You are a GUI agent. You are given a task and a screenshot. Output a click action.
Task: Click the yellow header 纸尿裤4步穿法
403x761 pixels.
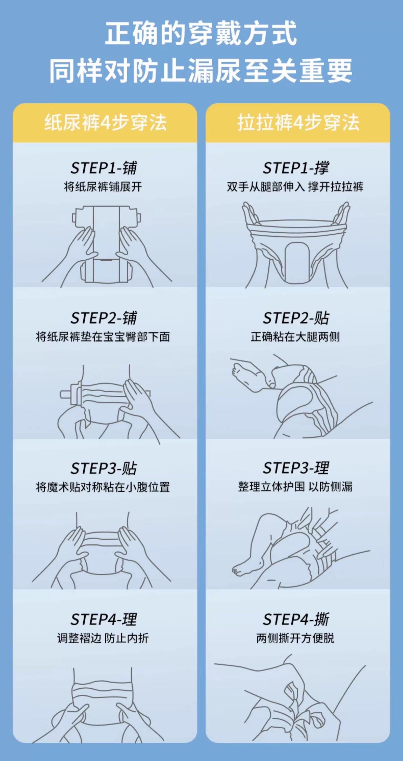point(105,123)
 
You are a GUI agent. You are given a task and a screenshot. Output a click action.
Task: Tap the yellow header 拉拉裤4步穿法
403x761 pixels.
point(298,123)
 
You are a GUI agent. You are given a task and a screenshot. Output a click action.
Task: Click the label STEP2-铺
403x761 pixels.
point(104,318)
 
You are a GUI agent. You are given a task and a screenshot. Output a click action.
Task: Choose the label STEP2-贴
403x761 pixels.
point(296,318)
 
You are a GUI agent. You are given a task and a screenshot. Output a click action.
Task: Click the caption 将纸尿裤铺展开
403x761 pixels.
point(103,187)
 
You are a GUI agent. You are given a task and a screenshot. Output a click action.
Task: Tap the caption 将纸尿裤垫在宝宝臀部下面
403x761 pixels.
point(103,337)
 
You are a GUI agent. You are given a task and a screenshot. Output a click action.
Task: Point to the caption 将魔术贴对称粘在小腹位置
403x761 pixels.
point(103,487)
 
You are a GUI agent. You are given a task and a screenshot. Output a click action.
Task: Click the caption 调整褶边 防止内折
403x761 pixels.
point(103,638)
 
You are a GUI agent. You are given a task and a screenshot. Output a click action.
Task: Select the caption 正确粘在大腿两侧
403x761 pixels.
point(295,337)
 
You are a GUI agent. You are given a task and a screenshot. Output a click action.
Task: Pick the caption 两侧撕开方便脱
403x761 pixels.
point(295,638)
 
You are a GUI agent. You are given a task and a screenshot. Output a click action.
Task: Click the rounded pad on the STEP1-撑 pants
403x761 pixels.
point(296,261)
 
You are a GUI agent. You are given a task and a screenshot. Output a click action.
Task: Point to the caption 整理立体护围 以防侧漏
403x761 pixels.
point(295,487)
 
